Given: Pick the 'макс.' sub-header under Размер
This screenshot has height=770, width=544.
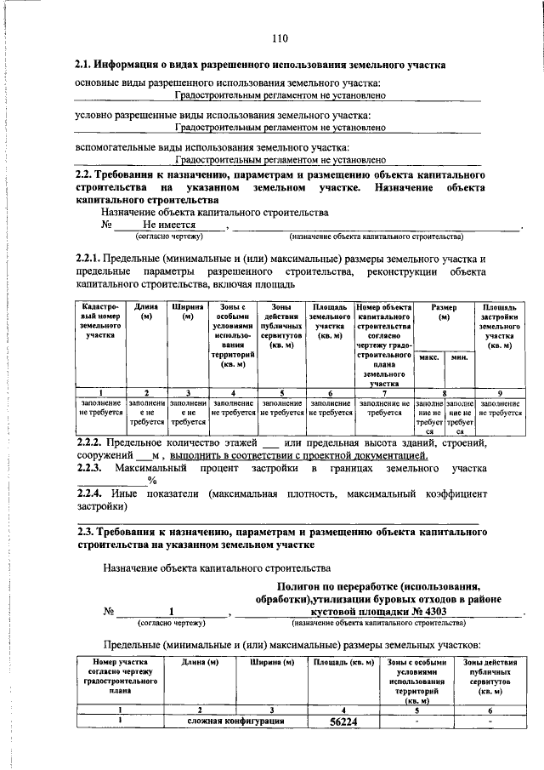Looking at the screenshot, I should (x=430, y=358).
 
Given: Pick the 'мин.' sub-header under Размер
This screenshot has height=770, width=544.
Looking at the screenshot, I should (x=460, y=358).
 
